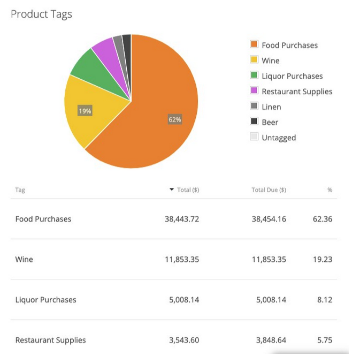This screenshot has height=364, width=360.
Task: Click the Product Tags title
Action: pos(41,14)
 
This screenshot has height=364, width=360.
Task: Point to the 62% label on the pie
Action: pos(175,119)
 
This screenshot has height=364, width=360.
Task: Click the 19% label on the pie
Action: pos(85,111)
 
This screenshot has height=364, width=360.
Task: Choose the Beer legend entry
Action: pos(270,122)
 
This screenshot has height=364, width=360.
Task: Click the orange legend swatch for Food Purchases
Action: pos(254,45)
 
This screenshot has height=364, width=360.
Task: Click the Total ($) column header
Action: pos(188,190)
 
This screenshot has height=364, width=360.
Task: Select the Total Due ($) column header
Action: pos(269,190)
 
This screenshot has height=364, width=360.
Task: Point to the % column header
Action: pos(330,190)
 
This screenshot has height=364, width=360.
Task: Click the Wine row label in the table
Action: pos(24,259)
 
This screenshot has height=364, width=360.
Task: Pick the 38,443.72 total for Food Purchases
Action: pos(182,219)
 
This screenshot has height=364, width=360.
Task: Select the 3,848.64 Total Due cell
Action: pos(269,340)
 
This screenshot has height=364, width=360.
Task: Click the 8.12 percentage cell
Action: pos(324,300)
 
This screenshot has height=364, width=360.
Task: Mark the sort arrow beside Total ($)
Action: pos(171,189)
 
